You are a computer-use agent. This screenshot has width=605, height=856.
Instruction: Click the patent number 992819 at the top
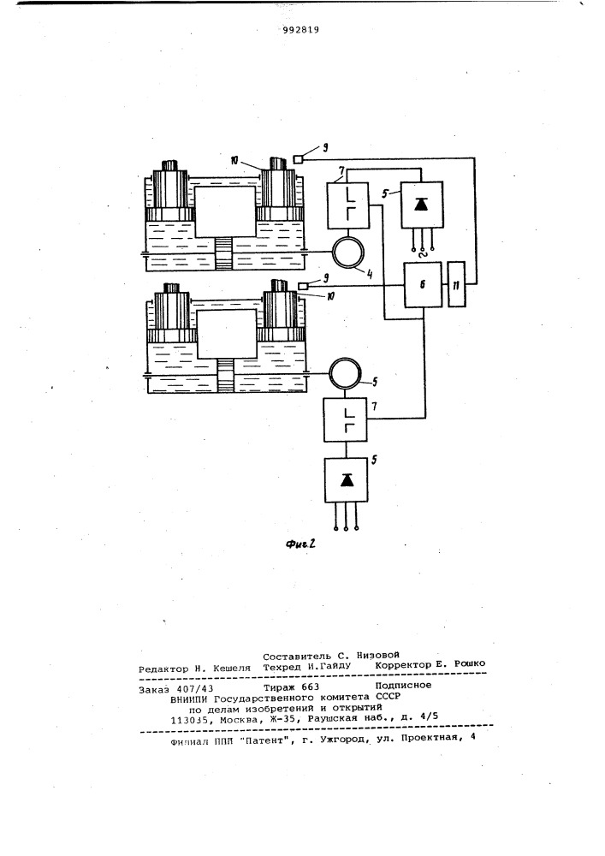pos(301,30)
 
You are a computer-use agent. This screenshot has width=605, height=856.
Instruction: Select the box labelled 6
pos(423,284)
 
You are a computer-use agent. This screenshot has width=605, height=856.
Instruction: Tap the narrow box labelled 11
pos(457,284)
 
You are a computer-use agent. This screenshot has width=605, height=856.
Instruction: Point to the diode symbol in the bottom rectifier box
pos(346,479)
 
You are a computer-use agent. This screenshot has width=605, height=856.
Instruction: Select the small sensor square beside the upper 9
pos(297,159)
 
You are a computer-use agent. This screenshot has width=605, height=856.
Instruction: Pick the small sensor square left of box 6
pos(304,285)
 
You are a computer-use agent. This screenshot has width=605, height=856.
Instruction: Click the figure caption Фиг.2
pos(300,544)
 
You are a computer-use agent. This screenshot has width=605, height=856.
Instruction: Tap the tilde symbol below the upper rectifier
pos(421,253)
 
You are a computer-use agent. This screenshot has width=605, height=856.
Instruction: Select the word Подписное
pos(403,685)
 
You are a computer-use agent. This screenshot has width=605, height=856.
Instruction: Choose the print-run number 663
pos(311,687)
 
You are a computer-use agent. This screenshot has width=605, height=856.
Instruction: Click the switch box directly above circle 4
pos(347,205)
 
